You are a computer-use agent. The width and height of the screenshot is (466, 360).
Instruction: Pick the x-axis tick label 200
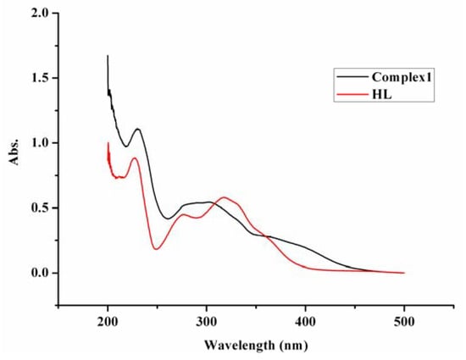pyautogui.click(x=108, y=323)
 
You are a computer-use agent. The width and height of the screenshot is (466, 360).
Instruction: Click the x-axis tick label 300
pyautogui.click(x=207, y=323)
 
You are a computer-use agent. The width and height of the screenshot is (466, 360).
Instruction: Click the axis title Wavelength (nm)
pyautogui.click(x=256, y=345)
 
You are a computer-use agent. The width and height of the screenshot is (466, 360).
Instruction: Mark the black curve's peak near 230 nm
pyautogui.click(x=137, y=129)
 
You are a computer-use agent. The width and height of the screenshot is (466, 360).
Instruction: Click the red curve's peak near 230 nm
pyautogui.click(x=135, y=158)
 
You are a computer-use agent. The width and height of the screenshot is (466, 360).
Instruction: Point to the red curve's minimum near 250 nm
pyautogui.click(x=157, y=248)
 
